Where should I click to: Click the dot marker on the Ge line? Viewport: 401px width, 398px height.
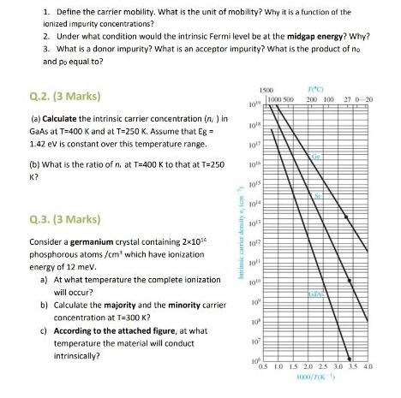point(346,217)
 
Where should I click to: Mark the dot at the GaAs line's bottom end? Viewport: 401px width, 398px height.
point(350,359)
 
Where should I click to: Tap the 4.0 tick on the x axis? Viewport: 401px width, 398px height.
point(368,368)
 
